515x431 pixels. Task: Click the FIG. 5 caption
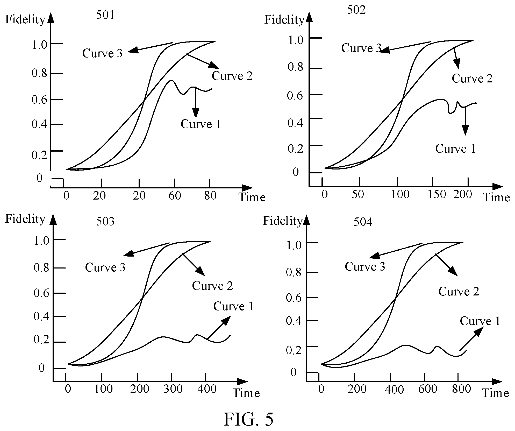tap(248, 419)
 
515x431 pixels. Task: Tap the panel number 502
tap(356, 10)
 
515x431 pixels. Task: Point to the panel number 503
tap(105, 221)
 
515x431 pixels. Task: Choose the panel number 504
tap(363, 222)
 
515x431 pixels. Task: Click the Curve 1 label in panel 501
tap(201, 124)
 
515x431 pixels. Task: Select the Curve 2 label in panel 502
tap(472, 78)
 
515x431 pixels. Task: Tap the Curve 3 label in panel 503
tap(105, 267)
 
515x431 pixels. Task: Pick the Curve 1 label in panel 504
tap(480, 321)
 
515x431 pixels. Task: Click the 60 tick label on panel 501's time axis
tap(175, 195)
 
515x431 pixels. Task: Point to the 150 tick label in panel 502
tap(437, 194)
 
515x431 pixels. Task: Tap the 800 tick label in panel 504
tap(461, 389)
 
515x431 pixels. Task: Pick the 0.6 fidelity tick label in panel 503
tap(41, 293)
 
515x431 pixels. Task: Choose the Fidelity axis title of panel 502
tap(284, 20)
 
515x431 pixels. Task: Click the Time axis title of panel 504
tap(496, 393)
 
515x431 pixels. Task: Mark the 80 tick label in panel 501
tap(210, 195)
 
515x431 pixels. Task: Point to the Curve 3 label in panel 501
tap(102, 53)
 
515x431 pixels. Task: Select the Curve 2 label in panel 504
tap(459, 291)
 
